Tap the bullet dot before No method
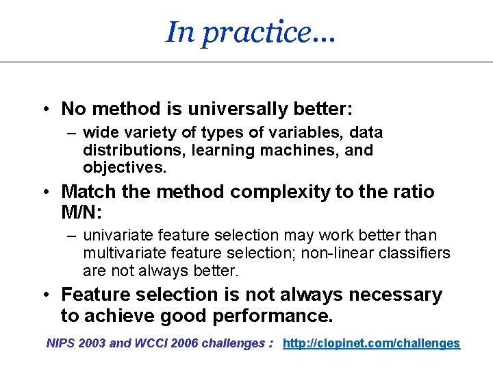tap(44, 110)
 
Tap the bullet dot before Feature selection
tap(44, 295)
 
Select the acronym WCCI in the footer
tap(151, 343)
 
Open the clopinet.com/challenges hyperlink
tap(372, 343)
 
